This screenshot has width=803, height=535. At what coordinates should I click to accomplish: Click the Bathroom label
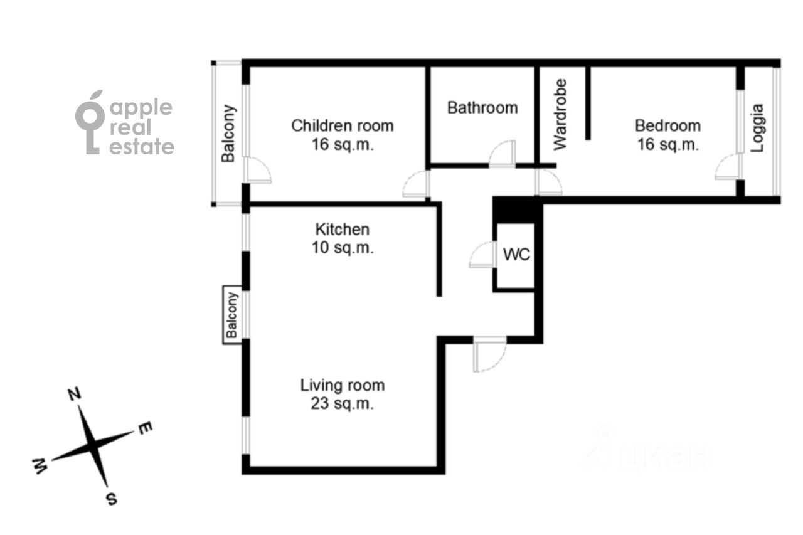pyautogui.click(x=482, y=108)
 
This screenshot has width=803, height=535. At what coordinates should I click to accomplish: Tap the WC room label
pyautogui.click(x=516, y=255)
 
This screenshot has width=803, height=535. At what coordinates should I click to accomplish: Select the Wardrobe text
pyautogui.click(x=560, y=114)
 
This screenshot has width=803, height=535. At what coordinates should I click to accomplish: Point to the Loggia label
pyautogui.click(x=757, y=128)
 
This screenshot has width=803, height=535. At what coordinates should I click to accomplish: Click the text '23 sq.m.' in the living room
pyautogui.click(x=342, y=404)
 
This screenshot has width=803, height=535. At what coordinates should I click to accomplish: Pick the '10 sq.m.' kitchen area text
pyautogui.click(x=343, y=248)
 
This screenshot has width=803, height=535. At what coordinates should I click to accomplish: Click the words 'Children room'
pyautogui.click(x=343, y=126)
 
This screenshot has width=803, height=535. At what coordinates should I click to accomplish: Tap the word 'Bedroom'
pyautogui.click(x=668, y=126)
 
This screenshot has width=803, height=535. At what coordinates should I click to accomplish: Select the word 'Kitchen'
pyautogui.click(x=343, y=230)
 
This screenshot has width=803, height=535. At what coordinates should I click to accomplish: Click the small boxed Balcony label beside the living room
pyautogui.click(x=232, y=315)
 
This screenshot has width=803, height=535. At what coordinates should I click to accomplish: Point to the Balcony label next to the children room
pyautogui.click(x=228, y=134)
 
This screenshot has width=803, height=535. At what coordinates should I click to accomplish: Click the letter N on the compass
pyautogui.click(x=74, y=395)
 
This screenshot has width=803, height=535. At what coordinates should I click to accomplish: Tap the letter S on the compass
pyautogui.click(x=112, y=499)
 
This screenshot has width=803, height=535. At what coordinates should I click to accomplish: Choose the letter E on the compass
pyautogui.click(x=145, y=428)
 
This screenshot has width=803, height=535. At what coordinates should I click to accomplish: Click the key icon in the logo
pyautogui.click(x=90, y=122)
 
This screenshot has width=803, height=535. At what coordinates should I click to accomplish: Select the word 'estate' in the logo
pyautogui.click(x=142, y=147)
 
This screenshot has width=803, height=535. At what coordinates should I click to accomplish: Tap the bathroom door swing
pyautogui.click(x=502, y=154)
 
